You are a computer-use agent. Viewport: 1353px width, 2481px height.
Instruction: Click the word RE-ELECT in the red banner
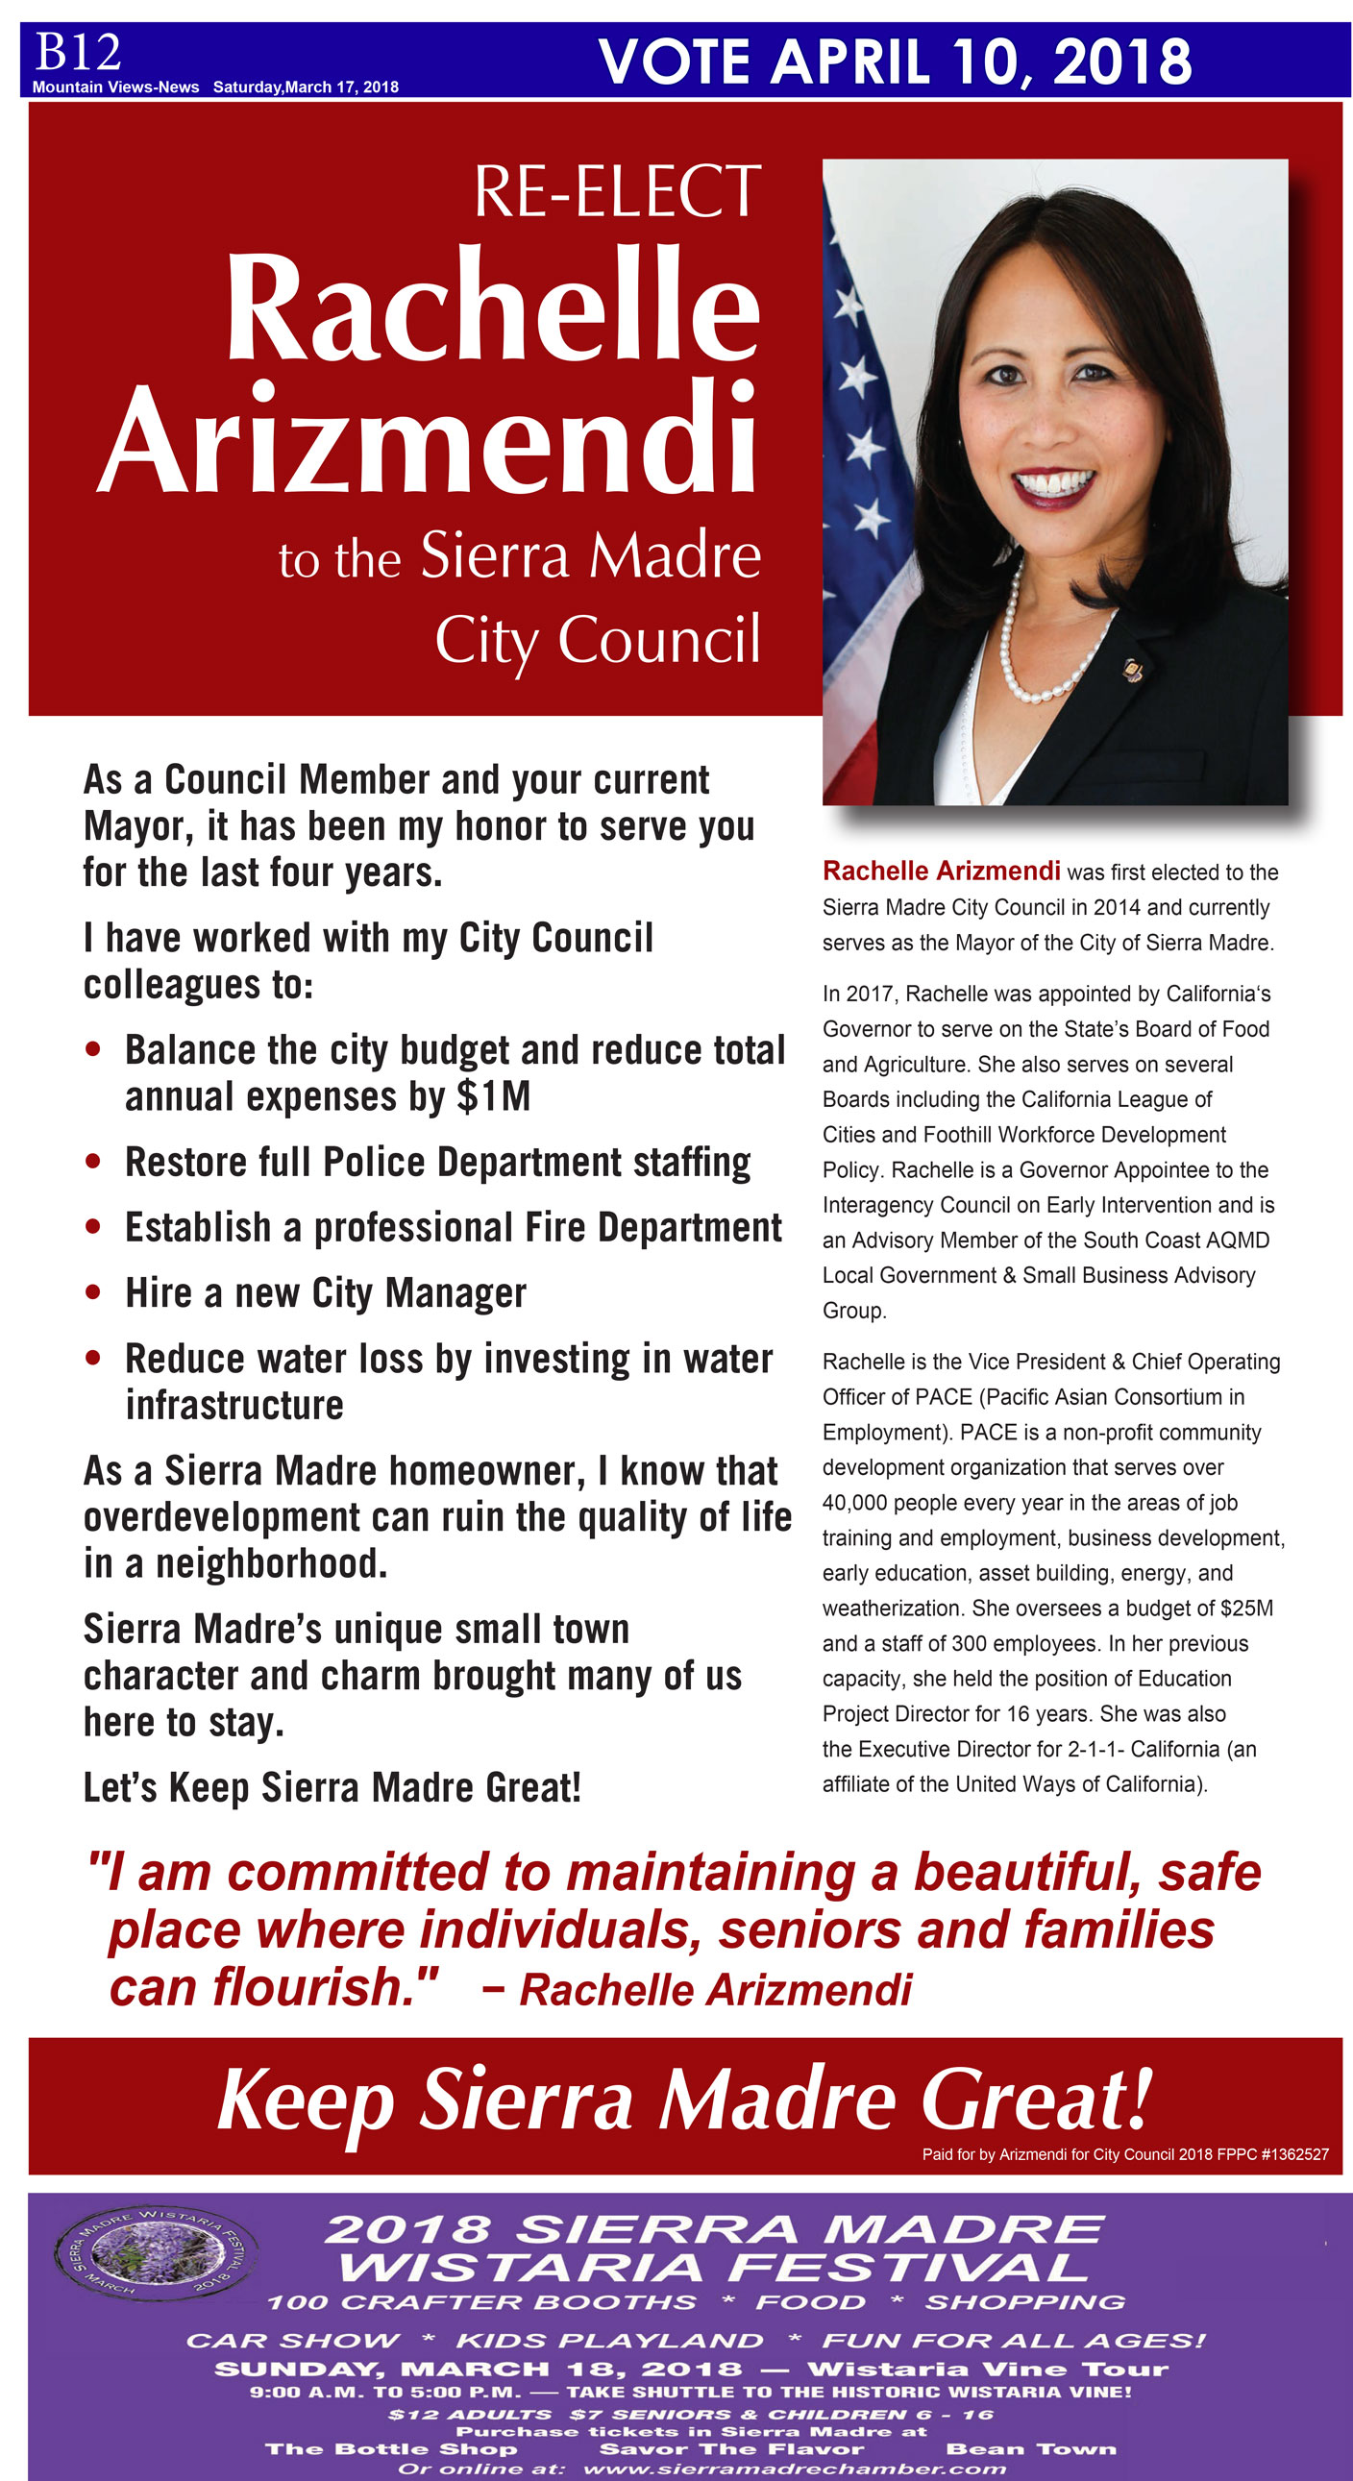click(x=617, y=191)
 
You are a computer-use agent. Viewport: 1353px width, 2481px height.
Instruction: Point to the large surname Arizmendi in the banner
click(x=429, y=439)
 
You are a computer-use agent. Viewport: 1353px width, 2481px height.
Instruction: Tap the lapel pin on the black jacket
click(x=1134, y=670)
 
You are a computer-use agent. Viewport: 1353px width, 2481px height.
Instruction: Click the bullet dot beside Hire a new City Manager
click(x=93, y=1291)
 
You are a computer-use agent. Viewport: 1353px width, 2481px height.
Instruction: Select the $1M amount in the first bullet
click(x=493, y=1096)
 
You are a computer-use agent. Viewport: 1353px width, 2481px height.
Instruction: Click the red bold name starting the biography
click(x=941, y=871)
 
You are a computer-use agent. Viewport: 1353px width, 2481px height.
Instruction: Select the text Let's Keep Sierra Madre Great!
click(x=332, y=1787)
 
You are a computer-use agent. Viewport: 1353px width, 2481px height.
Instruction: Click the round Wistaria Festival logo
click(x=155, y=2254)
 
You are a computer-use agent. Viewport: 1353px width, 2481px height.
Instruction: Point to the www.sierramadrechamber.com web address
click(x=794, y=2469)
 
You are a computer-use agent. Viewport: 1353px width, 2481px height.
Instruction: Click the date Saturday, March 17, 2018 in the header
click(x=306, y=86)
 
